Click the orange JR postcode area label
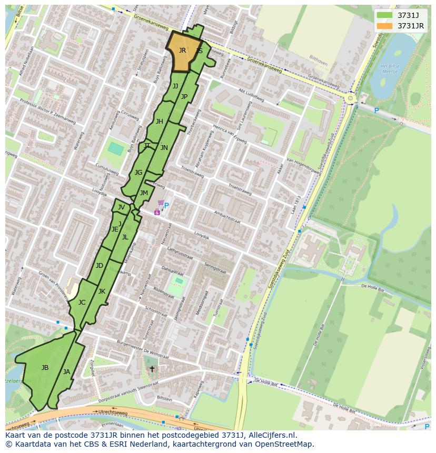(x=182, y=51)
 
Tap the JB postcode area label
(x=45, y=367)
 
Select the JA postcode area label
(x=66, y=372)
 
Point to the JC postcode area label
(x=82, y=303)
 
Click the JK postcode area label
(x=102, y=291)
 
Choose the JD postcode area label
(x=100, y=266)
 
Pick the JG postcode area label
(x=138, y=173)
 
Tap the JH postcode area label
(x=159, y=122)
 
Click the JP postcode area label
(x=184, y=97)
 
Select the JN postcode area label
(x=164, y=148)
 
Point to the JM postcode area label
(x=144, y=193)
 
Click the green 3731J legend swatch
(x=384, y=15)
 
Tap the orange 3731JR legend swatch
(x=384, y=26)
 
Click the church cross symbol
(x=152, y=369)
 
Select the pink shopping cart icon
(x=160, y=203)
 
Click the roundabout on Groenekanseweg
(x=350, y=98)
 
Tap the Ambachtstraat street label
(x=227, y=217)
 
